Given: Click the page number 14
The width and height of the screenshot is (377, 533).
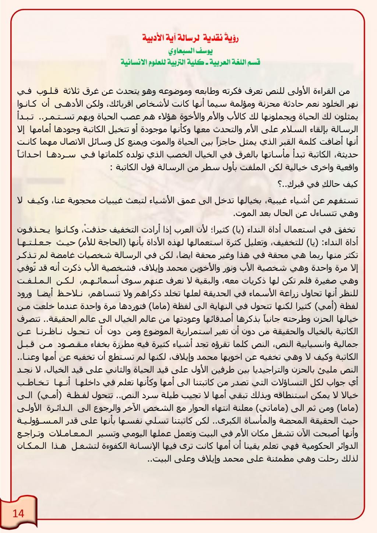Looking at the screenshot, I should coord(18,513).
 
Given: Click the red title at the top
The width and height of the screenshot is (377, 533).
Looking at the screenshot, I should coord(190,38).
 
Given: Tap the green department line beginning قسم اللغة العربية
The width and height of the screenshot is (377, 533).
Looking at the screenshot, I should coord(190,62).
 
